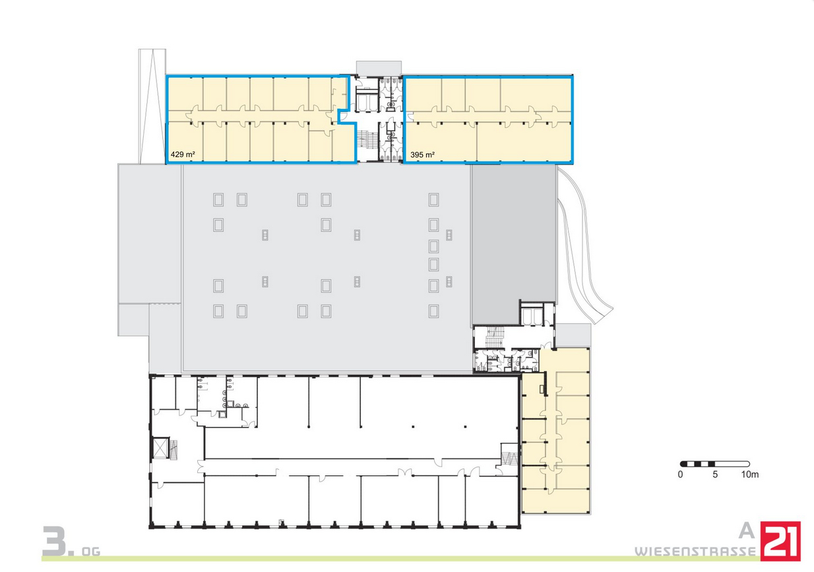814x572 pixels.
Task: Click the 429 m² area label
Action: (183, 154)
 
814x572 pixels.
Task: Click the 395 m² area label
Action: (423, 155)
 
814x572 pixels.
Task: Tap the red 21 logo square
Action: (780, 541)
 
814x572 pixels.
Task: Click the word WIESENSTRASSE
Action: (695, 552)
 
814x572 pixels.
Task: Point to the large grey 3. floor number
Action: (58, 541)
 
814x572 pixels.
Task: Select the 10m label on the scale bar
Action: (749, 474)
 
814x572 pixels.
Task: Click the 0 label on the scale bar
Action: (680, 474)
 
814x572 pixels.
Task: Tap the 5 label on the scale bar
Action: (715, 474)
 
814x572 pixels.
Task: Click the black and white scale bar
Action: (715, 464)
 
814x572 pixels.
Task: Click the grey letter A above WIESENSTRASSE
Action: (747, 531)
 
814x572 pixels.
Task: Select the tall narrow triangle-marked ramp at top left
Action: (152, 106)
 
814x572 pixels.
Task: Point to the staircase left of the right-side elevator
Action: (494, 336)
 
